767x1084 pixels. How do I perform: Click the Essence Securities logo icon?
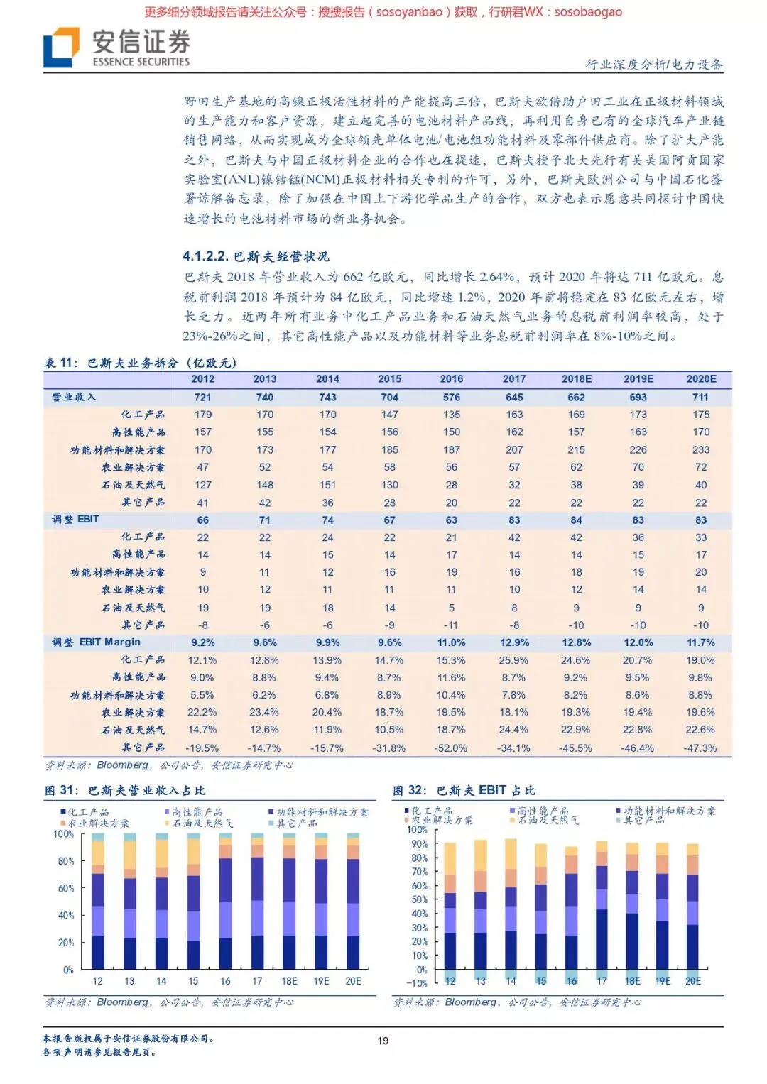[x=61, y=47]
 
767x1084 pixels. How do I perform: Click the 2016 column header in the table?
[x=452, y=379]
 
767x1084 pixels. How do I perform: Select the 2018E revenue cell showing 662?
[x=576, y=398]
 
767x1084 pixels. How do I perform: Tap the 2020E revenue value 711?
[x=701, y=398]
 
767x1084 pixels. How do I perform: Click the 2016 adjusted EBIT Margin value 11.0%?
[x=452, y=642]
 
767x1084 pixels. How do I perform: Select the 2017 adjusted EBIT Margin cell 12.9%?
[x=514, y=642]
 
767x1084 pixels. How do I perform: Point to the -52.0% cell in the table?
[x=452, y=748]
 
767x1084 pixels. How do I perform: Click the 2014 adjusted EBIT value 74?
[x=327, y=520]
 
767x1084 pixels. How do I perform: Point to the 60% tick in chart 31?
[x=66, y=888]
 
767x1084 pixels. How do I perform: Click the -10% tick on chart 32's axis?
[x=417, y=983]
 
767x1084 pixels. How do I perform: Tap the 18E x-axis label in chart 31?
[x=289, y=981]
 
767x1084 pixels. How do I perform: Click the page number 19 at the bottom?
[x=383, y=1041]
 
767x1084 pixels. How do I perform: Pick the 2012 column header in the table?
[x=203, y=379]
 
